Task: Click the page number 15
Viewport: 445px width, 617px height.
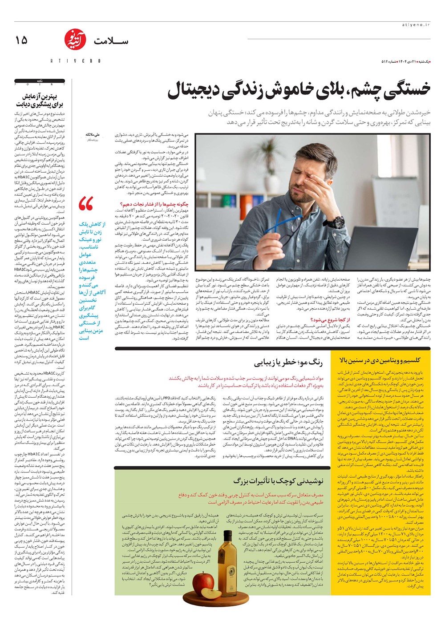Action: point(21,40)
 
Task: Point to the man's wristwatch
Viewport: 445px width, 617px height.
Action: point(338,221)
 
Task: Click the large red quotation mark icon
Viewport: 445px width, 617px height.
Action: point(85,204)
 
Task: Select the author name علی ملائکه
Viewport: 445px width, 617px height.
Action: point(94,134)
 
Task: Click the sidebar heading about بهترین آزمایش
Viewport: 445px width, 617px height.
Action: point(40,100)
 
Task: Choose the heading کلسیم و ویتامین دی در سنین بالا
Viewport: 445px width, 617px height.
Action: point(380,359)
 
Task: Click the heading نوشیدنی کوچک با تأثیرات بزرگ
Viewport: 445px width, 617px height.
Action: point(278,481)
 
